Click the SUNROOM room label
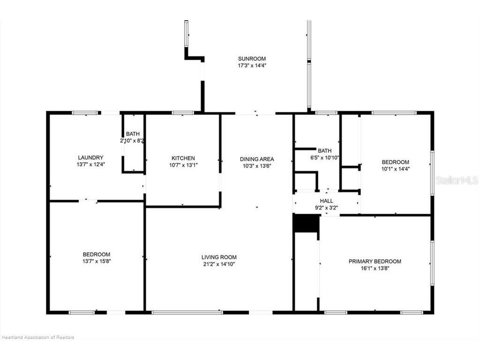click(252, 59)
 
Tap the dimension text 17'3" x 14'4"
click(252, 66)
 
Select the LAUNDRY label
click(90, 157)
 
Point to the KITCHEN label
click(183, 158)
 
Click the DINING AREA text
click(257, 159)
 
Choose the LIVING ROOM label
click(219, 257)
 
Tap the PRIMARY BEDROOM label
click(375, 261)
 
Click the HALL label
click(327, 201)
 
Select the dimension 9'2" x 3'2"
click(327, 208)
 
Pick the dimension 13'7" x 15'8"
click(97, 261)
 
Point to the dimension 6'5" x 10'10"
click(325, 157)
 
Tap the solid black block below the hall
click(306, 224)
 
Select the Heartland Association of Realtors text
click(38, 337)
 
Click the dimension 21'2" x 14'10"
click(219, 264)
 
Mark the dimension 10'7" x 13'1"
click(183, 165)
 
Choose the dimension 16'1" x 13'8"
click(375, 268)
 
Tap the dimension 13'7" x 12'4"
click(90, 165)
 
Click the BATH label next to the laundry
click(132, 134)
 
